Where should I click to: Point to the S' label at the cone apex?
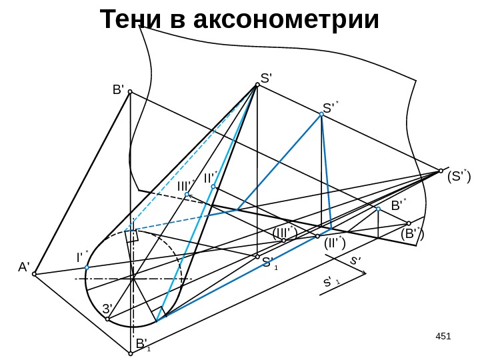tap(269, 78)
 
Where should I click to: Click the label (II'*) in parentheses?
tap(333, 243)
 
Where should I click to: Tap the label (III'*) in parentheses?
tap(285, 233)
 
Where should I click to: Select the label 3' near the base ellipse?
tap(107, 309)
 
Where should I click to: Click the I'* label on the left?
tap(82, 257)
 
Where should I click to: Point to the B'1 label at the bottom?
tap(143, 345)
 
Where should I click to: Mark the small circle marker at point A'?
tap(35, 273)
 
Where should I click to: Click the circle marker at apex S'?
tap(257, 85)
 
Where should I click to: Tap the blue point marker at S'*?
tap(321, 115)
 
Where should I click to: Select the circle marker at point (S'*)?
tap(441, 170)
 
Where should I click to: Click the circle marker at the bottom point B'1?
tap(131, 354)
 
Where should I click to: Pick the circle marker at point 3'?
tap(107, 319)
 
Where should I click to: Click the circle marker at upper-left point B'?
tap(131, 92)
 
